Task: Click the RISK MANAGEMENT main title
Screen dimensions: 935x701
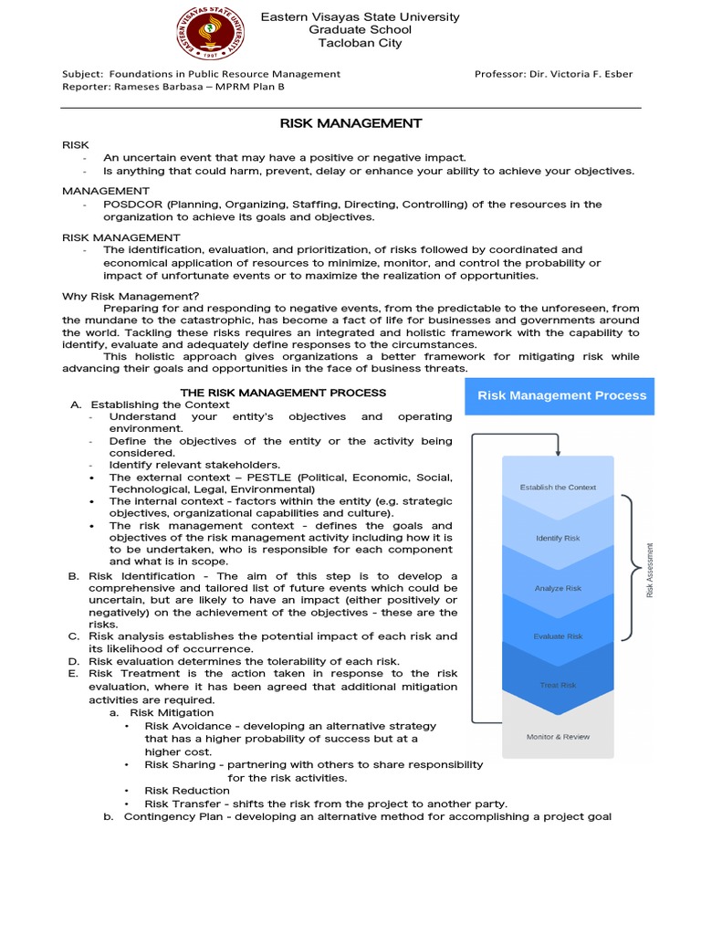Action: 350,123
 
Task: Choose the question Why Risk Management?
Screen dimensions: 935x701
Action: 130,296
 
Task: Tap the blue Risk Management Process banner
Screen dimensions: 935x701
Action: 561,395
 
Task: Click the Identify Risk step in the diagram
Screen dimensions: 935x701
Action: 558,538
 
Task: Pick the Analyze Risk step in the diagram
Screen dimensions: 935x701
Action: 558,588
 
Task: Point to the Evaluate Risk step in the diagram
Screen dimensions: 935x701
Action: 558,636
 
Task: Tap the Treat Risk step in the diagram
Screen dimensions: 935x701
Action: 558,685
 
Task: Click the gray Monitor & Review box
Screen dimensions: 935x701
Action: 558,736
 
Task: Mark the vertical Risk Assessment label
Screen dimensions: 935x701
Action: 651,570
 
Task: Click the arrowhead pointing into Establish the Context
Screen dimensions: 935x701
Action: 558,450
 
